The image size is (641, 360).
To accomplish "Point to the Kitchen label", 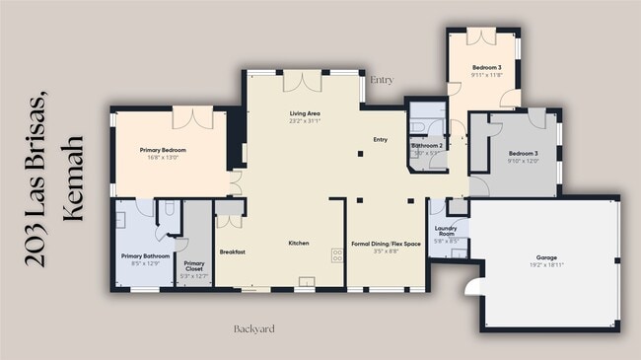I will pyautogui.click(x=299, y=243).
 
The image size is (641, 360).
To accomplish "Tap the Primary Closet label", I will pyautogui.click(x=194, y=265).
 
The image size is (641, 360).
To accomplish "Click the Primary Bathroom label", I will pyautogui.click(x=146, y=256).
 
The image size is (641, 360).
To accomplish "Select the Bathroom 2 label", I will pyautogui.click(x=426, y=146).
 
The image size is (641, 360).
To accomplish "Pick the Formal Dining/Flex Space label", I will pyautogui.click(x=386, y=244).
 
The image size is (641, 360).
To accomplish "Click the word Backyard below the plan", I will pyautogui.click(x=253, y=327).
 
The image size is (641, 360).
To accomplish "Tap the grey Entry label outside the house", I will pyautogui.click(x=381, y=79).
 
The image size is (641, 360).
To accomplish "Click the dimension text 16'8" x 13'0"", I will pyautogui.click(x=164, y=157).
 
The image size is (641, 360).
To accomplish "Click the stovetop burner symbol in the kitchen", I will pyautogui.click(x=337, y=254).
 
